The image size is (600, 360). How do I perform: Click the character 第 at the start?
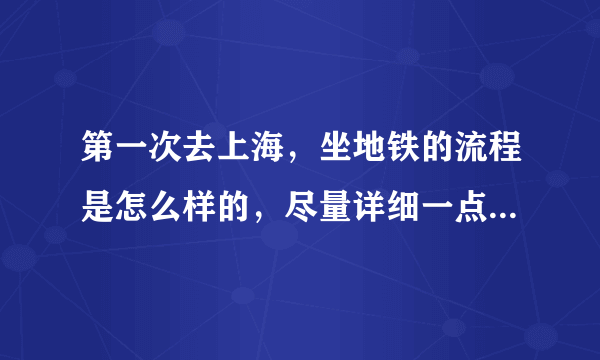(96, 149)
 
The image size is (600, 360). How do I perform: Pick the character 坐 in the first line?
(336, 149)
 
